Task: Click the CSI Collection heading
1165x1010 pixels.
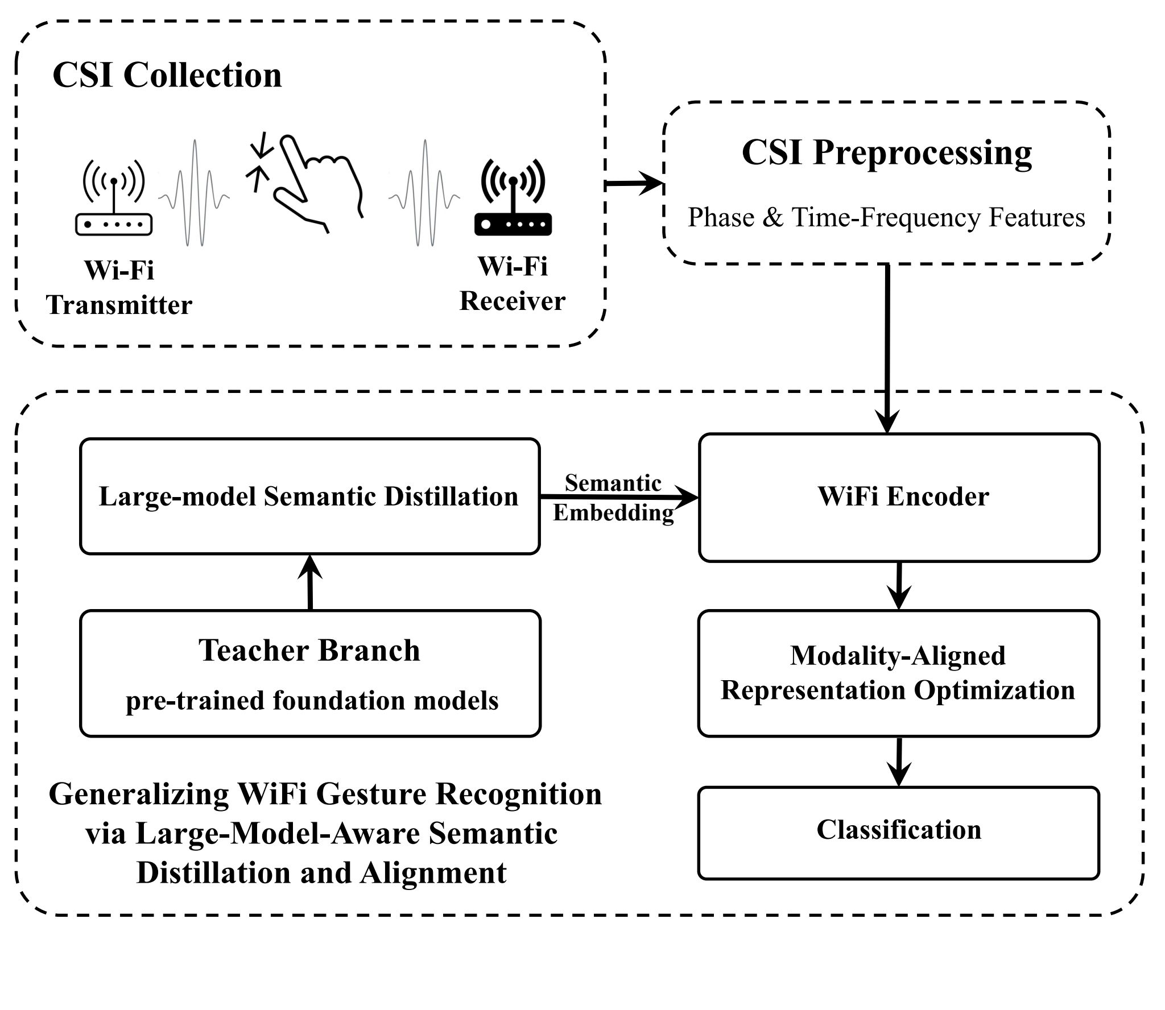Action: (x=167, y=74)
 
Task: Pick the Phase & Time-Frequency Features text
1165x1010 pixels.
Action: (x=886, y=218)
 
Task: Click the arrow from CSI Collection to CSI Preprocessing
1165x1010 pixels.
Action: (x=634, y=184)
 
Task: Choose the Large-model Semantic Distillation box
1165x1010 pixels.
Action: (x=309, y=496)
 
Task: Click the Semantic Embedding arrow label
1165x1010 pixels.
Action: (x=613, y=498)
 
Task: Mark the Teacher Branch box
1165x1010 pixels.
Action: (x=310, y=673)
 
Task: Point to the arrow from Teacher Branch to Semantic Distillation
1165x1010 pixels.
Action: (x=310, y=582)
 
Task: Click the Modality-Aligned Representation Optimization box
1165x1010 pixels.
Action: (x=898, y=673)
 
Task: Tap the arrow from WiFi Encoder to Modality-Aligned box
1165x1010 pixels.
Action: (x=898, y=586)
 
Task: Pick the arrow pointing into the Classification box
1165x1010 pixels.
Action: (x=898, y=762)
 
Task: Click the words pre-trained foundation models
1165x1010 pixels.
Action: (x=312, y=700)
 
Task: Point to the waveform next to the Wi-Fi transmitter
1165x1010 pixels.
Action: (x=195, y=193)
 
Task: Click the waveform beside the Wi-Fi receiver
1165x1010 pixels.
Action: (x=424, y=193)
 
